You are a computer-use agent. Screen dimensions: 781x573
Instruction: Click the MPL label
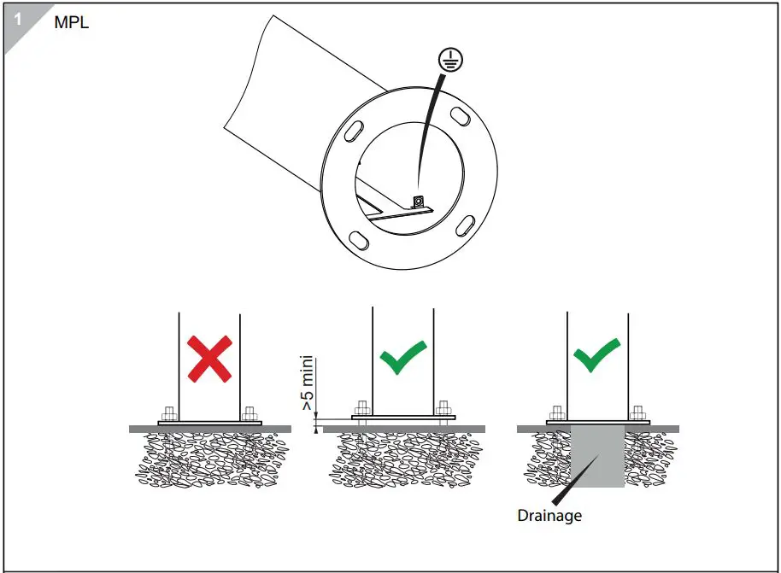click(71, 22)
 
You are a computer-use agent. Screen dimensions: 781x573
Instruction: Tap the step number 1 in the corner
click(18, 20)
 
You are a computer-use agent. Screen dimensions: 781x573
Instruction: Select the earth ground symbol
click(450, 60)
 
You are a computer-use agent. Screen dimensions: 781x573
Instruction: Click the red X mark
click(209, 359)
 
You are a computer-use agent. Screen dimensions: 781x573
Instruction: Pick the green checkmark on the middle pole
click(403, 356)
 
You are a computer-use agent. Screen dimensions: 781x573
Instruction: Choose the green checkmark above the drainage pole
click(596, 355)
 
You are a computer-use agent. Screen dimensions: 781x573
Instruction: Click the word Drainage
click(549, 516)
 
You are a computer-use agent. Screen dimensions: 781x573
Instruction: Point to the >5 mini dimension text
click(308, 383)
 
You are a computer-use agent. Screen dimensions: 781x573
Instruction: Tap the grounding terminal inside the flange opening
click(418, 202)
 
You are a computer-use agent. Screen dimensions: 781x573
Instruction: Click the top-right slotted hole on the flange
click(461, 117)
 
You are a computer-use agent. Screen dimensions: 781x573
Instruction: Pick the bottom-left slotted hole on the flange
click(359, 241)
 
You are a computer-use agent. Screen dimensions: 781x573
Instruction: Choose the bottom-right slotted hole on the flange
click(465, 225)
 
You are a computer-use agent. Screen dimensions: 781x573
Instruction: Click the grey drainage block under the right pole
click(597, 456)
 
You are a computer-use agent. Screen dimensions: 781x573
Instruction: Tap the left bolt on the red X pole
click(169, 413)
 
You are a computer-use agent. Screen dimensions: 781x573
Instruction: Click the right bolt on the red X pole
click(250, 413)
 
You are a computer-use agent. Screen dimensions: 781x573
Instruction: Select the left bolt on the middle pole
click(362, 408)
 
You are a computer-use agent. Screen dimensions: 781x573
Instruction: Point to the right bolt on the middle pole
click(443, 408)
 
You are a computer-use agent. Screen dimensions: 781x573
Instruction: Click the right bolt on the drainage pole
click(637, 413)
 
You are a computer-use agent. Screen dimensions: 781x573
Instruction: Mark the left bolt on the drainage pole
click(557, 413)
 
